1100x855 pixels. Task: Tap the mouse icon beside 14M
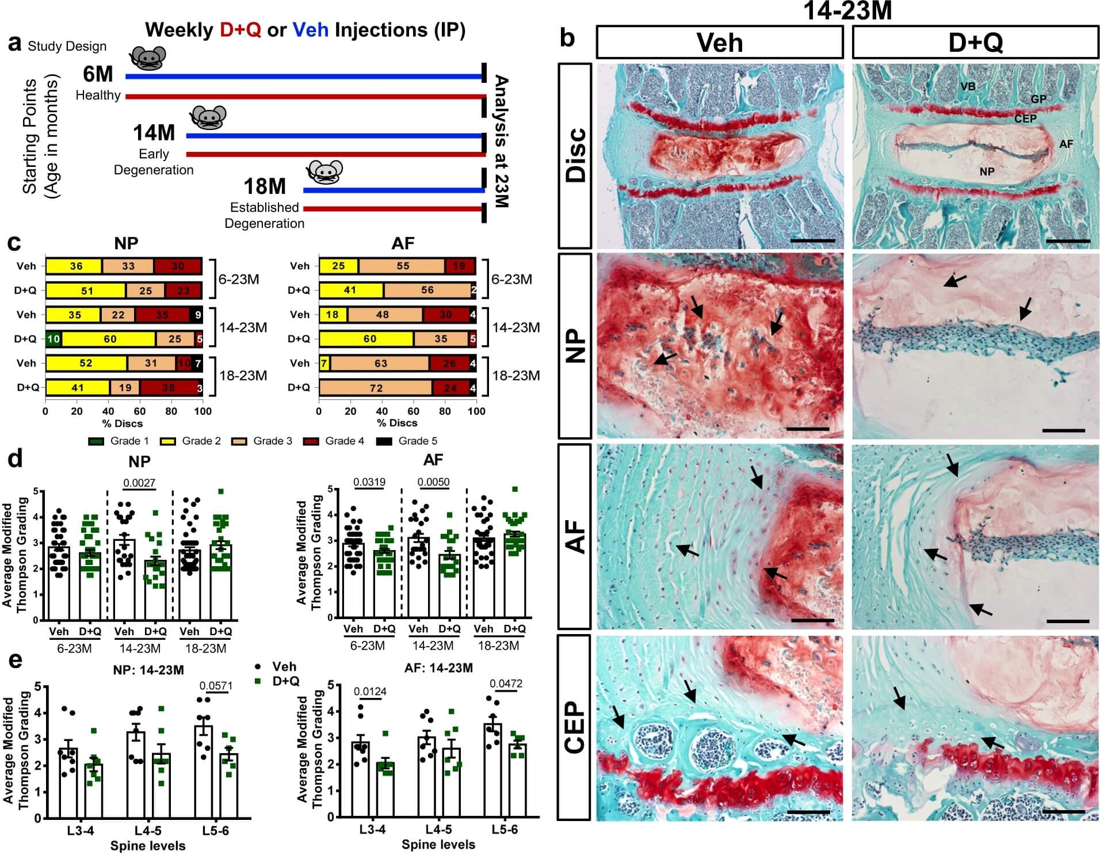tap(208, 117)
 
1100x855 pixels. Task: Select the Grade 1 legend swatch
tap(96, 441)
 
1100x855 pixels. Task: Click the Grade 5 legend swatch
tap(384, 441)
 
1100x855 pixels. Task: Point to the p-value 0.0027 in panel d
tap(139, 483)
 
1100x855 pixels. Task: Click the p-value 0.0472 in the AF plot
tap(506, 684)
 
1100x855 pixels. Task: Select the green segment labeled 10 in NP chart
tap(54, 339)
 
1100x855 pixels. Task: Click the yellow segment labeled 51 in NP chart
tap(86, 291)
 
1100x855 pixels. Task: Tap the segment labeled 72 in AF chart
tap(376, 388)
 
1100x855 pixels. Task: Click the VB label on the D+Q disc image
tap(968, 86)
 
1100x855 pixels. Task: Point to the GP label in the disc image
tap(1038, 99)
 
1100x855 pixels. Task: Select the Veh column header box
tap(719, 43)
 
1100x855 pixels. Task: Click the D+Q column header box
tap(975, 43)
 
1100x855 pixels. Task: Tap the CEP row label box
tap(575, 727)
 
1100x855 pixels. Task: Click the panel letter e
tap(15, 659)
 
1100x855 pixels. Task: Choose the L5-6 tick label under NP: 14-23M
tap(215, 831)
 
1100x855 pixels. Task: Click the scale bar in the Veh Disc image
tap(812, 241)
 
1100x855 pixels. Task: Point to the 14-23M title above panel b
tap(847, 10)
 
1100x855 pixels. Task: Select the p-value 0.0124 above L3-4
tap(370, 692)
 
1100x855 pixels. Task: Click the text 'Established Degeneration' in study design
tap(264, 215)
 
